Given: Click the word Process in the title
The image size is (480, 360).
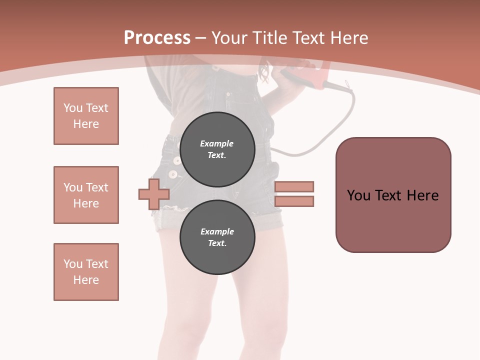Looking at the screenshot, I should [157, 37].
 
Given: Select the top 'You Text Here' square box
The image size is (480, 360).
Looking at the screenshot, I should [86, 116].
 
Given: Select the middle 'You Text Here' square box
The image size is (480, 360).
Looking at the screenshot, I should [86, 195].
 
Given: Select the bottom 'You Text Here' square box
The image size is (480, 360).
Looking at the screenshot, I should [86, 272].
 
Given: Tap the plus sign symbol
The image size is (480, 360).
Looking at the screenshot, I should [154, 194].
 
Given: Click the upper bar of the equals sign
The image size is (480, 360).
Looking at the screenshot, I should [294, 186].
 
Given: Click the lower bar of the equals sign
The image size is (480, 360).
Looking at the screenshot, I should [294, 201].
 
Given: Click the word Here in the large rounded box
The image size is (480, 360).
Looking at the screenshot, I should [423, 195].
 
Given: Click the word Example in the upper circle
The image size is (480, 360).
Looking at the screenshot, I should [217, 143].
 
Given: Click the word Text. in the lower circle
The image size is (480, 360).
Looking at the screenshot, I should [217, 243].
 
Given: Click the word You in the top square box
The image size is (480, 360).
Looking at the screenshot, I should [72, 108].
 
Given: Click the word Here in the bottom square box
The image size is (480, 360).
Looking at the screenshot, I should [86, 280].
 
